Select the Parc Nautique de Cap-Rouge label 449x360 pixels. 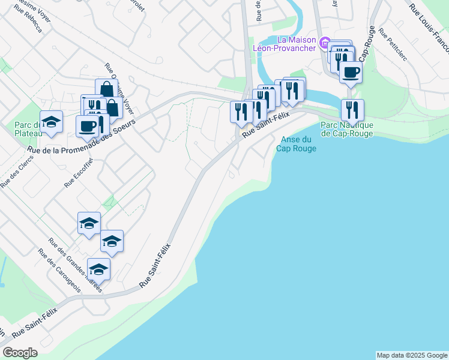347,129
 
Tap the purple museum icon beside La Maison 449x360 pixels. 324,43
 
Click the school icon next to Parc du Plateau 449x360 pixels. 52,122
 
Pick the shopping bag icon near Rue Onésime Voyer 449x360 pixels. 106,89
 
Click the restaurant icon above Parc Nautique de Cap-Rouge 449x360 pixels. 352,109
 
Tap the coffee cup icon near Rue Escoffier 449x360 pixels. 87,126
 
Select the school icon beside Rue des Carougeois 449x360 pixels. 98,268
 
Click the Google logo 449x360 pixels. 20,353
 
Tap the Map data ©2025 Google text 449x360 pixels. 411,355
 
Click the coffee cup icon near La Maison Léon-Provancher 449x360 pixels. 351,72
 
